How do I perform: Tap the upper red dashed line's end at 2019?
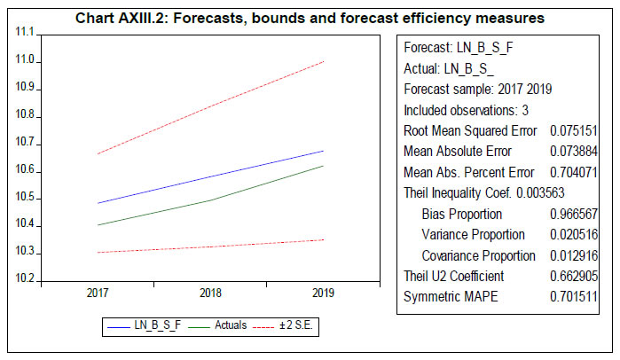pyautogui.click(x=322, y=61)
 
